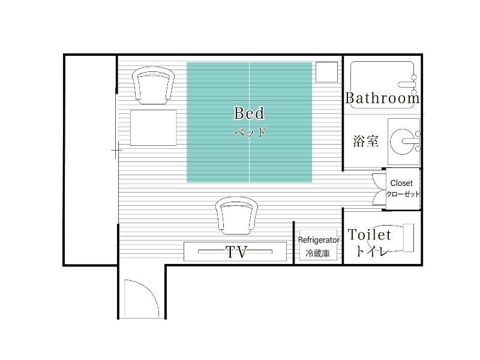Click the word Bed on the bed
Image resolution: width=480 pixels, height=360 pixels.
click(249, 113)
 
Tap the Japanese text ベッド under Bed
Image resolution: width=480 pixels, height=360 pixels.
click(250, 133)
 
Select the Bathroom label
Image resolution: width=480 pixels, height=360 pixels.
click(382, 98)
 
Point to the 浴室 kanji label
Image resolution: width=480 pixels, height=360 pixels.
click(365, 141)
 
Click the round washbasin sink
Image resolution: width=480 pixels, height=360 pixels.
click(401, 142)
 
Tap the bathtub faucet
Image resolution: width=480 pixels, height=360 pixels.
click(408, 83)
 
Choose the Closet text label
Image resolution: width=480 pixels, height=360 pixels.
click(401, 183)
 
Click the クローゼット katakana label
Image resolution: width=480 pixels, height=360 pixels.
click(403, 194)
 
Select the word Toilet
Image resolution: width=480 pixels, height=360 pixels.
click(369, 235)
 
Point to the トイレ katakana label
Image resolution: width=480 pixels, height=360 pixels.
click(372, 251)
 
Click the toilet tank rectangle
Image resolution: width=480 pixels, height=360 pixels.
click(409, 238)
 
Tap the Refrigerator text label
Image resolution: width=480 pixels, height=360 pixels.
click(319, 240)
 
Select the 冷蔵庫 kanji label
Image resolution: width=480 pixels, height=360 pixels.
click(318, 253)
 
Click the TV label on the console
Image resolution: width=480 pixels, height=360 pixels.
click(236, 252)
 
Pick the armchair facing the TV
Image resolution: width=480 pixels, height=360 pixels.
click(236, 215)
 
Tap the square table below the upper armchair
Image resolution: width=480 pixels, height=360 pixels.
click(154, 128)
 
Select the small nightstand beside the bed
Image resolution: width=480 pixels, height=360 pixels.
click(326, 72)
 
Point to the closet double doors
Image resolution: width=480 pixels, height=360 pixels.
click(379, 189)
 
